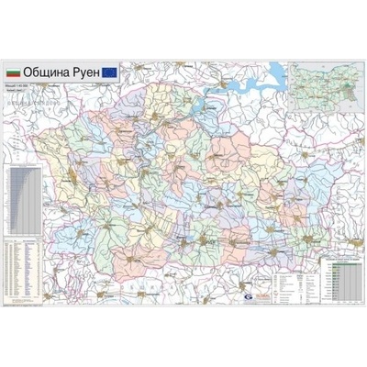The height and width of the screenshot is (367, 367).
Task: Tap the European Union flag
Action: tap(109, 70)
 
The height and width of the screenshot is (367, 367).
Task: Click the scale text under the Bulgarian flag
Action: tap(18, 85)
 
